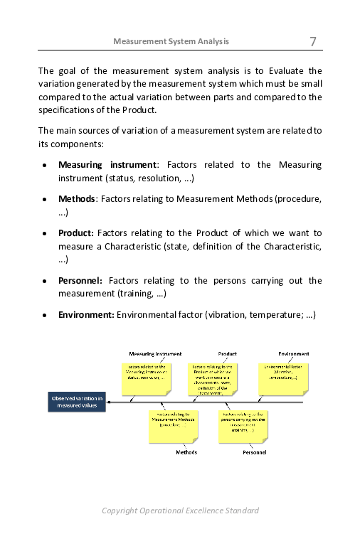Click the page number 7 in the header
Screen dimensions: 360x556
312,41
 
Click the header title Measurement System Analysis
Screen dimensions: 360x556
171,41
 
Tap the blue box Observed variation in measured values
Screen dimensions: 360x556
77,402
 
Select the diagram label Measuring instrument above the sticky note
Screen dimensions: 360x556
155,353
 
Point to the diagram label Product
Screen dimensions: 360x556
228,353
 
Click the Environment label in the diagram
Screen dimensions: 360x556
293,353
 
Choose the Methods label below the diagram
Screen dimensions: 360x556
186,452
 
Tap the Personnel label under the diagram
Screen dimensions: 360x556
254,452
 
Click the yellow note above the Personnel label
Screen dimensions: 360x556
243,424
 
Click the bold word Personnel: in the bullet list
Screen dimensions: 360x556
80,281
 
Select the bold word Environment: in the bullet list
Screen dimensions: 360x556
86,314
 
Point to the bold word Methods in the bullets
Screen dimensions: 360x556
76,199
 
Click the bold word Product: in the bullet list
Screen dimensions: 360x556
75,232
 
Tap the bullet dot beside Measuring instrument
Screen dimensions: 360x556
45,166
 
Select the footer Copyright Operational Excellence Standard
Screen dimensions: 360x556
180,510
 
